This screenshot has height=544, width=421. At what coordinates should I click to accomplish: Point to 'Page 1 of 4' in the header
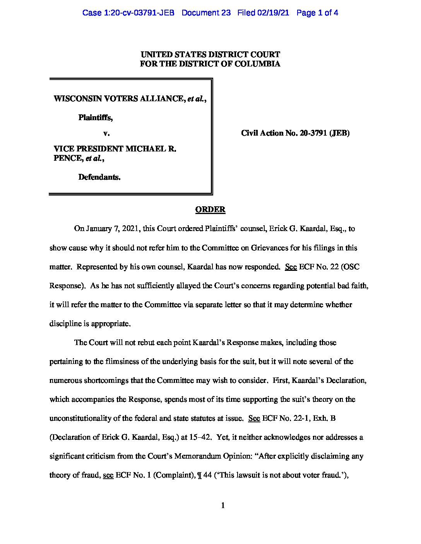pos(317,13)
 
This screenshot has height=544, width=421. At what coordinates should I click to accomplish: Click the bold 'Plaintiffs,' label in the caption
pos(96,117)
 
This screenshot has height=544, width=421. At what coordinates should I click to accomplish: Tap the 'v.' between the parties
pos(106,133)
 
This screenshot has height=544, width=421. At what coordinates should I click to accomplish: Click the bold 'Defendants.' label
pos(99,177)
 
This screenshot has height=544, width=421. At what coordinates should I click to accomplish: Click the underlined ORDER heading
pos(210,209)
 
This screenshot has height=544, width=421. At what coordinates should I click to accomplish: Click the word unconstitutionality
pos(85,418)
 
